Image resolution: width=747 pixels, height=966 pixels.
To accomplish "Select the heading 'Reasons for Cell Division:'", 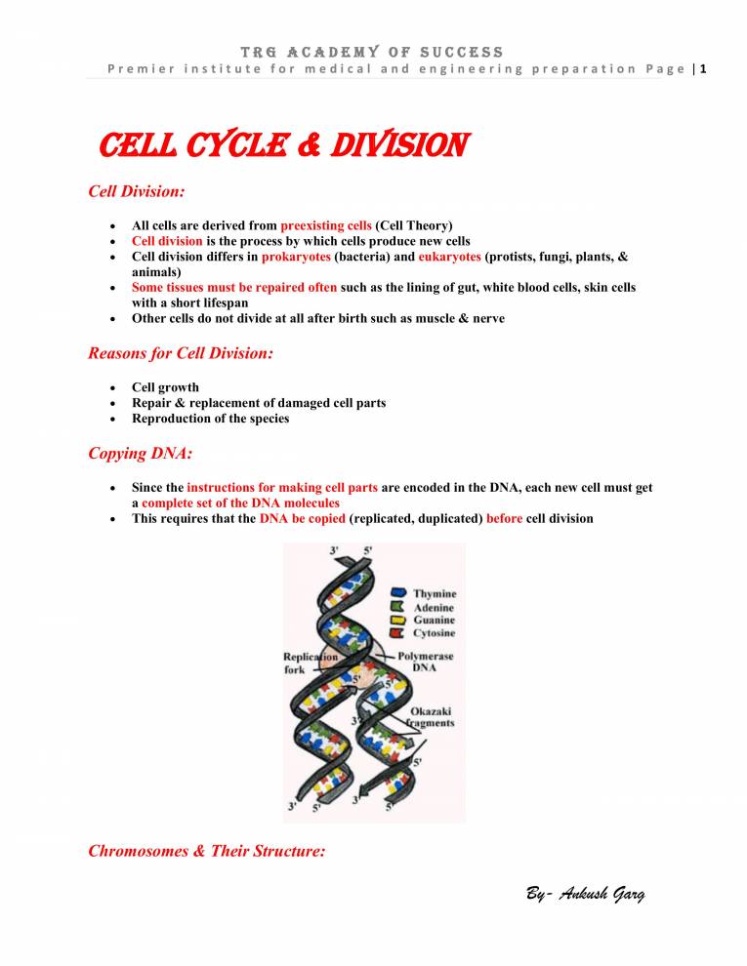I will tap(180, 353).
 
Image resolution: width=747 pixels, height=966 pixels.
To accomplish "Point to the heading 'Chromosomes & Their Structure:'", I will tap(206, 851).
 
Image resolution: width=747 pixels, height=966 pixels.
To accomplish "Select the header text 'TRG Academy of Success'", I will tap(373, 51).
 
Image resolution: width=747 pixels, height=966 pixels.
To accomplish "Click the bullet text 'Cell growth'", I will tap(165, 387).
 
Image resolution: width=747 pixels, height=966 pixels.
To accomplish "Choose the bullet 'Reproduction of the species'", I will tap(210, 419).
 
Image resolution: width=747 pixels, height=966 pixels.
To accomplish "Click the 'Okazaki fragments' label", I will tap(432, 717).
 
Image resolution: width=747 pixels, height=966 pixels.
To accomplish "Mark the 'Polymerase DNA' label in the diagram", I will tap(424, 664).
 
